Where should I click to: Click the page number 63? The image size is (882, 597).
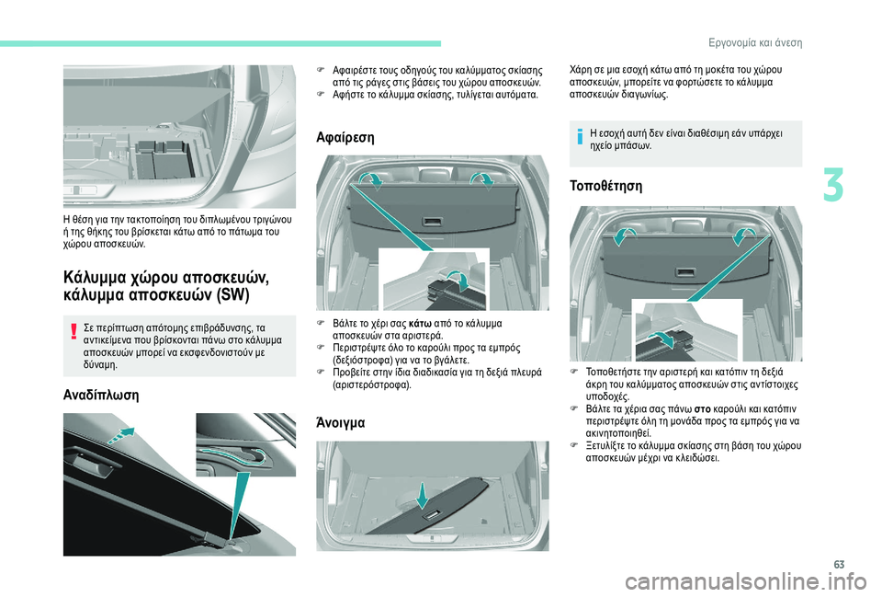point(839,565)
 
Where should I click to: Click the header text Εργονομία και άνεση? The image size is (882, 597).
point(755,43)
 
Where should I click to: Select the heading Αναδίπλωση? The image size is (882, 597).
point(101,395)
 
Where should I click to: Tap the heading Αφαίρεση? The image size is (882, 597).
point(345,137)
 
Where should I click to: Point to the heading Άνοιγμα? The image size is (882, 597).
point(340,422)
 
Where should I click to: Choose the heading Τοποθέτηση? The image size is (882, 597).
point(605,186)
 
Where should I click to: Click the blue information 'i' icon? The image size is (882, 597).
point(580,136)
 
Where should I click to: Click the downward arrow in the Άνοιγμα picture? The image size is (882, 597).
point(423,495)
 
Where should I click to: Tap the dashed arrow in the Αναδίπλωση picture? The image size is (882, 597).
point(122,435)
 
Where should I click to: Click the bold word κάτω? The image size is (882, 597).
point(420,323)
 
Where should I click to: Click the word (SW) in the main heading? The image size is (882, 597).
point(232,294)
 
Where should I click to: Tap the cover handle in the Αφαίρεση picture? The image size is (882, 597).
point(432,222)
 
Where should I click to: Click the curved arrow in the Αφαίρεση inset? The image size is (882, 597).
point(458,280)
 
